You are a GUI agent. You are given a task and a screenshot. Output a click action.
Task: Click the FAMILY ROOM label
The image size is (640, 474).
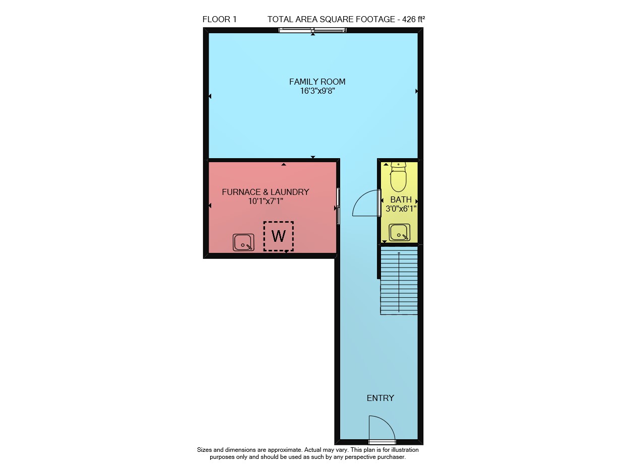[317, 82]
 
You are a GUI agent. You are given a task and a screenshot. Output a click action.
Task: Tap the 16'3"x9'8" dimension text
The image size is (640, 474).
[317, 91]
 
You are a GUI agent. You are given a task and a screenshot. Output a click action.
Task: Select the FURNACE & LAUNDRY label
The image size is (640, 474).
[265, 192]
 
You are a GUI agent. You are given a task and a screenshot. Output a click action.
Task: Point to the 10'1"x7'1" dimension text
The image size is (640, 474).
[266, 201]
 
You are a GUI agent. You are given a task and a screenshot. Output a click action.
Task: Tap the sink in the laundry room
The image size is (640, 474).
[243, 242]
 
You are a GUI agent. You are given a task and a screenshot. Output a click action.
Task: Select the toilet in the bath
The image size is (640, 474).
[399, 177]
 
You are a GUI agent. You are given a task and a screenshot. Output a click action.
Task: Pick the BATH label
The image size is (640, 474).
[401, 199]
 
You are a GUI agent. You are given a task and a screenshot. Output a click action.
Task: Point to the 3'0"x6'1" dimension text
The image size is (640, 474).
[401, 209]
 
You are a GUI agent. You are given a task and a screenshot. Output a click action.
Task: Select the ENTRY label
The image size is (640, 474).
[380, 398]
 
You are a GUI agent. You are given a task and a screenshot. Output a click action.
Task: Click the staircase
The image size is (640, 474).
[399, 281]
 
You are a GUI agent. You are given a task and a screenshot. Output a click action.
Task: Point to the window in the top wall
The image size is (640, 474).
[312, 30]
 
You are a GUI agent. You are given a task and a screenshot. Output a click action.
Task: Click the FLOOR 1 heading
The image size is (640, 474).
[220, 19]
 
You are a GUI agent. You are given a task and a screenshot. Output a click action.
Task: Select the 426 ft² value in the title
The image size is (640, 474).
[414, 19]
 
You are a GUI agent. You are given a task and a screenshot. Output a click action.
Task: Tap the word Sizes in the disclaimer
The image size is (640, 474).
[204, 450]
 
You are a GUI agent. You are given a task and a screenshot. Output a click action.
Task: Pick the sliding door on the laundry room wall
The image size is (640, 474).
[338, 206]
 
